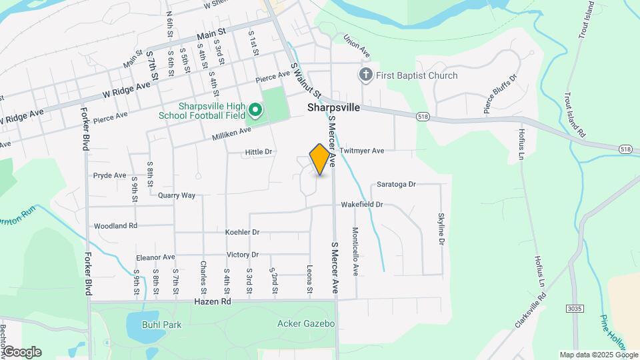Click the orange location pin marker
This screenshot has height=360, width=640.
(320, 159)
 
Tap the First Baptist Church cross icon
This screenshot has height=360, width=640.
(365, 75)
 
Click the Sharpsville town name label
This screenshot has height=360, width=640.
(333, 107)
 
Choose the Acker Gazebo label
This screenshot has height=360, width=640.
(305, 324)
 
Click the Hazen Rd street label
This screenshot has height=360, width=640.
(212, 302)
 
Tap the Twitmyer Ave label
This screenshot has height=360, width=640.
(362, 151)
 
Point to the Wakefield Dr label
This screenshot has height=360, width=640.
(362, 205)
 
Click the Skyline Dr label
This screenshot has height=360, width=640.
(441, 229)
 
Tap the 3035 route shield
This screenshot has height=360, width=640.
(575, 309)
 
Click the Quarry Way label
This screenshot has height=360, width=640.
(177, 195)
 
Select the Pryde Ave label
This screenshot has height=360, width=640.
(109, 175)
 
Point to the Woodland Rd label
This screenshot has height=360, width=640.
(115, 226)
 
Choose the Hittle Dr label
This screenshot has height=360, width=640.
(259, 152)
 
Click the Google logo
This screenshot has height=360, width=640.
(22, 352)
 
